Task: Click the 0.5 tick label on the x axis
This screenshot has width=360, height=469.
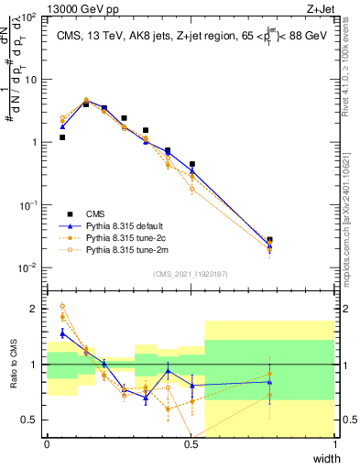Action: [191, 443]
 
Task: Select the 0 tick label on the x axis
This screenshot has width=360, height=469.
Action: [47, 443]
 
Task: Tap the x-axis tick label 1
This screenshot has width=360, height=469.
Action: [334, 443]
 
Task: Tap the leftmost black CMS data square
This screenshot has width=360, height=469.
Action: [62, 137]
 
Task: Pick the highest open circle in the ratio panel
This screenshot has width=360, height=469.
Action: [62, 307]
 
